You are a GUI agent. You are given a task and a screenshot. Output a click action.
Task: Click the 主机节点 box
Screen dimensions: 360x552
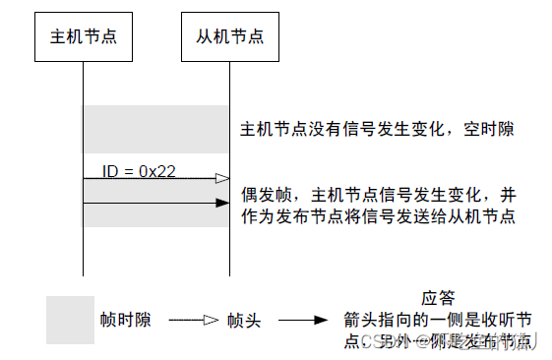click(x=84, y=37)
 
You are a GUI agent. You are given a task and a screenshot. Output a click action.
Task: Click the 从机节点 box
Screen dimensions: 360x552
click(x=229, y=37)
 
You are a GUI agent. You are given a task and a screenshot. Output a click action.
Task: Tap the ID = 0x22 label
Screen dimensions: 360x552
click(x=139, y=170)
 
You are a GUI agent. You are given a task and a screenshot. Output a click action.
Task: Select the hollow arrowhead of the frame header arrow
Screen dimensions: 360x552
click(x=221, y=178)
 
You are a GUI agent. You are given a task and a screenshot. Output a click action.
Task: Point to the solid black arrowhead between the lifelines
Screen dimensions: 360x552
click(x=221, y=203)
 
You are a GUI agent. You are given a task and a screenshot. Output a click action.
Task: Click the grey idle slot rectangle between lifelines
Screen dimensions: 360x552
click(x=155, y=129)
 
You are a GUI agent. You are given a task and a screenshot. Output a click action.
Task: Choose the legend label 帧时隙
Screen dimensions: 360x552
click(x=125, y=321)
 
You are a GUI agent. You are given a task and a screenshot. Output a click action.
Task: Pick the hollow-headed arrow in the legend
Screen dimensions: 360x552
click(x=193, y=321)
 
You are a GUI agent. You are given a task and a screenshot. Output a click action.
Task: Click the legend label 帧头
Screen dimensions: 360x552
click(x=242, y=321)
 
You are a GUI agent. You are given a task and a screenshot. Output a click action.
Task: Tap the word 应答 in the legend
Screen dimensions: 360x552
click(x=437, y=297)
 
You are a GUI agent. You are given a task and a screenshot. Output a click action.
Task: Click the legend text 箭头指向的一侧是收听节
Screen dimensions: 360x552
click(x=438, y=319)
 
